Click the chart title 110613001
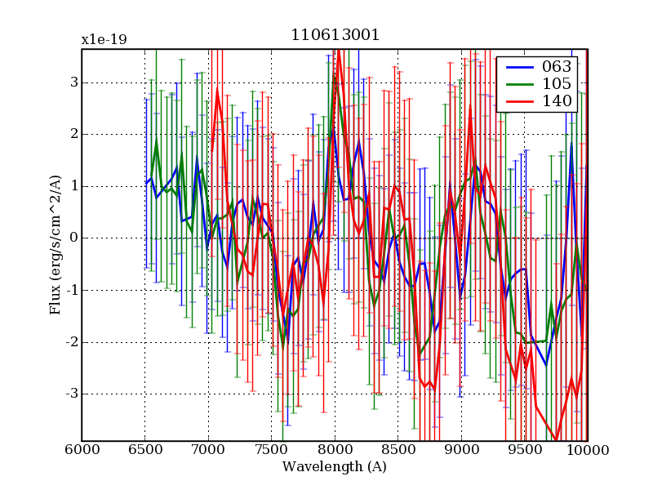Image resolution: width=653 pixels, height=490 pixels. [335, 36]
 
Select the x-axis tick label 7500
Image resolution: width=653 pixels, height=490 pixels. [271, 450]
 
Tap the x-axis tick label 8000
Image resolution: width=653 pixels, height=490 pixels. [335, 450]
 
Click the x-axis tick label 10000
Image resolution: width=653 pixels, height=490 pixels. [587, 450]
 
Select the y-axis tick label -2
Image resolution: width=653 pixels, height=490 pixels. [70, 342]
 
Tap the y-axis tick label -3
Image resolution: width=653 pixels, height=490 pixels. [70, 394]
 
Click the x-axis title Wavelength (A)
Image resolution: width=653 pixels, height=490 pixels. [335, 467]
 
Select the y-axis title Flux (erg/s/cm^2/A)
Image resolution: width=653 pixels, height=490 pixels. [56, 245]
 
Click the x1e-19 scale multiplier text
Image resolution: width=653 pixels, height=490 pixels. [104, 39]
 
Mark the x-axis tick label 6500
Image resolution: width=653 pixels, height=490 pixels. [145, 450]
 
